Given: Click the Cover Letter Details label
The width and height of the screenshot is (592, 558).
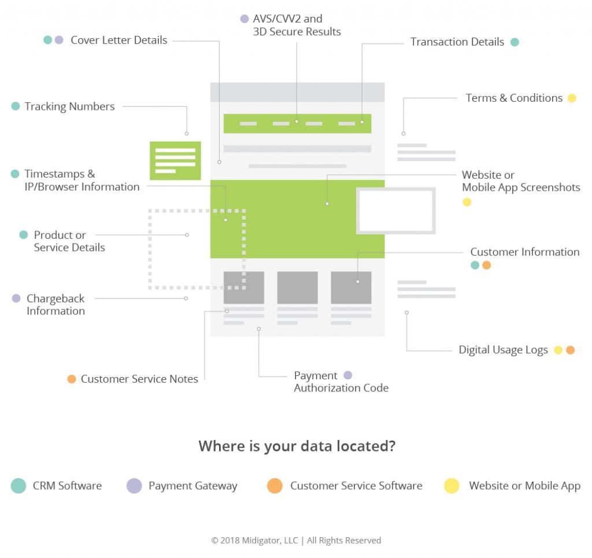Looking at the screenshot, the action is [119, 40].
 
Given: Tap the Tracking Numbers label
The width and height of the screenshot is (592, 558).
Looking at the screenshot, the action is [69, 106].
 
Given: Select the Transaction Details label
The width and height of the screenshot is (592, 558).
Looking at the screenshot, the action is [457, 42].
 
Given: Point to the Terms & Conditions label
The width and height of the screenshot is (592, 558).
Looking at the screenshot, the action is [514, 98].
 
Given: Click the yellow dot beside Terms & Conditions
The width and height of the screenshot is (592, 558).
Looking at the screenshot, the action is [572, 98].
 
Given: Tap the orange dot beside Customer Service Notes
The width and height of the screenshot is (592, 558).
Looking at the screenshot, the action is [71, 379].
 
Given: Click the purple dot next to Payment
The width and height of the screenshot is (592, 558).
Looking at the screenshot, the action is [347, 375].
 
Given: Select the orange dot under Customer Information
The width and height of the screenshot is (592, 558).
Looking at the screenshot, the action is [487, 265].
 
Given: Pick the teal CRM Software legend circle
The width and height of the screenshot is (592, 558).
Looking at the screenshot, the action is [18, 486].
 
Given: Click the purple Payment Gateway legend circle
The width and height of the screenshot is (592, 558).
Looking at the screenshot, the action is [134, 486].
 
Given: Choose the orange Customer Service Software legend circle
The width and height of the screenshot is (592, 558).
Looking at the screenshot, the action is [275, 486].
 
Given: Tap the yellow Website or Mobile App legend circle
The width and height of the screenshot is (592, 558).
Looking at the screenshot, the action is [452, 486].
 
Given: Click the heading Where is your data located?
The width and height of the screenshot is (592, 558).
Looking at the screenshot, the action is [297, 446].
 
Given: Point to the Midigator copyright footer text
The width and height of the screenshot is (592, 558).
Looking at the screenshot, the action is [296, 540].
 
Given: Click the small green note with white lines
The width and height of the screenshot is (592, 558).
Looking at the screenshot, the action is [175, 161].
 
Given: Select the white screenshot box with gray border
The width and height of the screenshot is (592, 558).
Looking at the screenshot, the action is [395, 210].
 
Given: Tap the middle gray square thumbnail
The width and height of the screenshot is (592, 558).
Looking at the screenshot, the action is [298, 287].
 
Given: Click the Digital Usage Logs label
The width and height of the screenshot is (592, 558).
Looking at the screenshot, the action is [503, 350].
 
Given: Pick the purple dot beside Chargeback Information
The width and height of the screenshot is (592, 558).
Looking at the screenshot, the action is [16, 298].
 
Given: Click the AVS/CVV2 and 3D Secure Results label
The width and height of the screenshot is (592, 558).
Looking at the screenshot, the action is [297, 25].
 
